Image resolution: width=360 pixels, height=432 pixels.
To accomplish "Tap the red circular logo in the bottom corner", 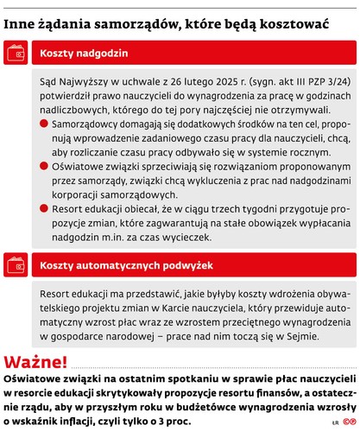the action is coord(348,422).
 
